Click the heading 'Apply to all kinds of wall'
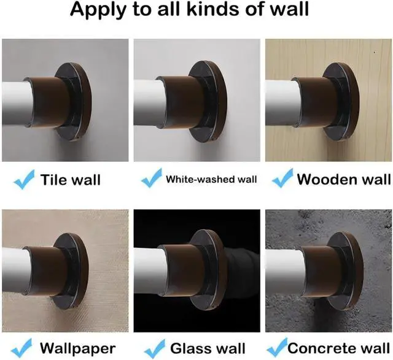point(190,9)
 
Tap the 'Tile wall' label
point(71,180)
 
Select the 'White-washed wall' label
point(211,179)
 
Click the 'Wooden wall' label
point(344,179)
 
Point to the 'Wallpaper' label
point(78,348)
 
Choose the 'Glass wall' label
point(208,348)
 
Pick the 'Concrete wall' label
point(338,348)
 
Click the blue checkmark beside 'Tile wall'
point(24,179)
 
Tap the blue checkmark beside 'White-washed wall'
point(152,178)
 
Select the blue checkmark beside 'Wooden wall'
point(282,178)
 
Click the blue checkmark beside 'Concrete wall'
point(277,347)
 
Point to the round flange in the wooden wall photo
point(344,102)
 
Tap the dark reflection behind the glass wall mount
point(239,270)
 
